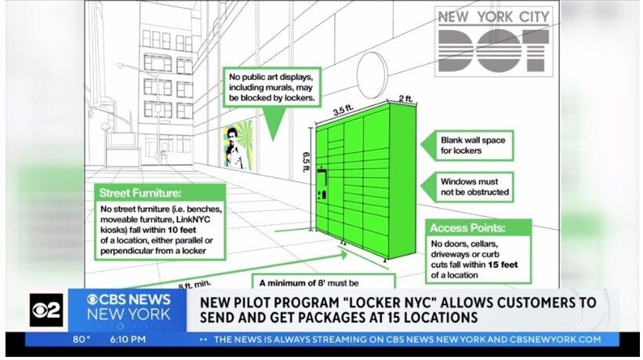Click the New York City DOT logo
(x=494, y=42)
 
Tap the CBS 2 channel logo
(x=46, y=310)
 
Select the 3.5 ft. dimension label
(x=343, y=110)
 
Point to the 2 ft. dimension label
(x=405, y=98)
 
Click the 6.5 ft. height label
(x=306, y=162)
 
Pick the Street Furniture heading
(x=140, y=193)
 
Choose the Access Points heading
(x=467, y=228)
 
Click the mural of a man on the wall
(x=238, y=145)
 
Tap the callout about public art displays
(x=272, y=87)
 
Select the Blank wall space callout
(x=473, y=146)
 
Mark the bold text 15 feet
(x=503, y=265)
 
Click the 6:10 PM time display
(x=128, y=340)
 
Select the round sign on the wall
(x=372, y=75)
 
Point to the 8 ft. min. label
(x=194, y=284)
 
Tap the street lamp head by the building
(x=120, y=66)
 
